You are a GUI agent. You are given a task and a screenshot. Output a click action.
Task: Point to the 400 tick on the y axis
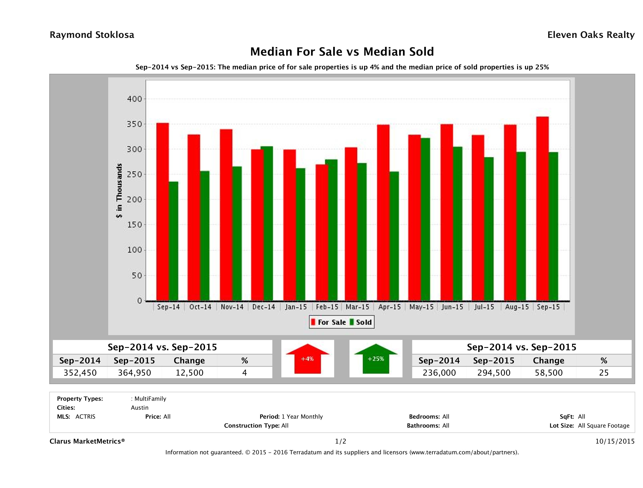tap(134, 99)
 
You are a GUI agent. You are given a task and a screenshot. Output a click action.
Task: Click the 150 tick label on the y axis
tap(134, 225)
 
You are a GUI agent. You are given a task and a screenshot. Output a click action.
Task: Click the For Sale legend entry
tap(329, 322)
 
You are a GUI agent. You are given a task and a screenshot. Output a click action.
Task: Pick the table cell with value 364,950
tap(134, 373)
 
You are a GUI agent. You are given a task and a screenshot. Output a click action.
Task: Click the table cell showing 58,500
tap(549, 373)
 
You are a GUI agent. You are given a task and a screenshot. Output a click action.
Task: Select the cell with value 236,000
tap(439, 373)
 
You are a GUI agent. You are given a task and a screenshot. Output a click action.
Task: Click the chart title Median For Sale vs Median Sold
tap(342, 52)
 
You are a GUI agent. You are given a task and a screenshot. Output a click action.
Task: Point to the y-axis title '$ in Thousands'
tap(119, 191)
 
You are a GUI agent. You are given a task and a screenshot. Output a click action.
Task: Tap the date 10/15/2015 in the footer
tap(615, 441)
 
